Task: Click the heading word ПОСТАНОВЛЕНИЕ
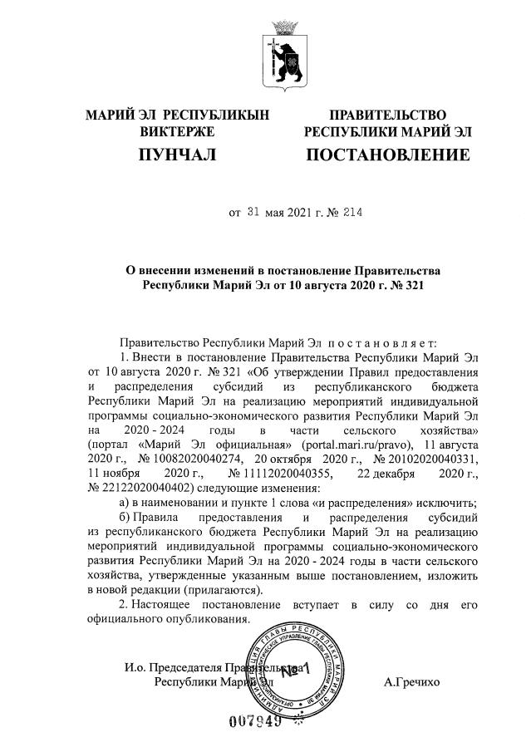[x=387, y=155]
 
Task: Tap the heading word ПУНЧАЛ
[x=177, y=155]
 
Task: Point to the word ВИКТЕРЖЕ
[x=177, y=130]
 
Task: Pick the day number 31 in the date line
[x=255, y=213]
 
